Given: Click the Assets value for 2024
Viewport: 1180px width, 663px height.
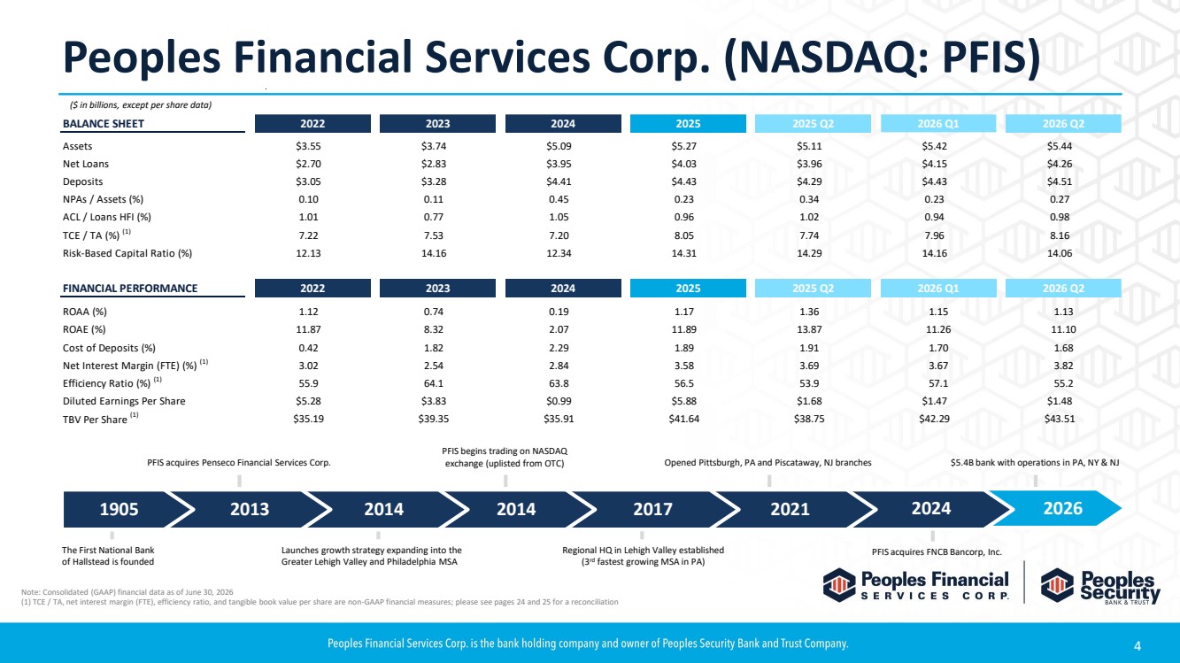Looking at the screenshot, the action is click(x=559, y=146).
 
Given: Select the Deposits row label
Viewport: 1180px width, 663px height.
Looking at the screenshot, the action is click(x=82, y=181).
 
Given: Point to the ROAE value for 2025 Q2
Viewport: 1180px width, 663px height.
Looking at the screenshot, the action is click(x=809, y=329).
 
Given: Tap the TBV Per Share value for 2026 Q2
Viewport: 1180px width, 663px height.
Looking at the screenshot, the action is click(x=1060, y=420).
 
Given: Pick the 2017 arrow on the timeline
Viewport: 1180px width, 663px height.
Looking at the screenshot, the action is click(x=653, y=509).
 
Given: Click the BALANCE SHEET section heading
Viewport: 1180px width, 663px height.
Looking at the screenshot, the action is click(x=104, y=124).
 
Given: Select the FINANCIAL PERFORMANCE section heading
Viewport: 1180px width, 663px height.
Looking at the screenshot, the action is click(x=130, y=289).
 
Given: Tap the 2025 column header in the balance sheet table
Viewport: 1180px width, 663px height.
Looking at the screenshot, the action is click(x=688, y=124).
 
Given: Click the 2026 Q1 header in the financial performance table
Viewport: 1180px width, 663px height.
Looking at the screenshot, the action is click(x=938, y=289).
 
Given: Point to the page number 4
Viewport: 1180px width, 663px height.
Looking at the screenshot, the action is click(x=1138, y=645).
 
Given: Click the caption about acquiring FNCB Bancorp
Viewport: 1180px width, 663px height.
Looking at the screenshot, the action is click(x=937, y=551).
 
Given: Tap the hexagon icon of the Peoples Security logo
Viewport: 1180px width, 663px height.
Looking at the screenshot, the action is click(x=1057, y=585).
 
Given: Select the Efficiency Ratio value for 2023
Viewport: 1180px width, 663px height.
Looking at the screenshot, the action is click(x=434, y=383).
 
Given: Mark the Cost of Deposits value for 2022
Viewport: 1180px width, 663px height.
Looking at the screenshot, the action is click(x=308, y=348).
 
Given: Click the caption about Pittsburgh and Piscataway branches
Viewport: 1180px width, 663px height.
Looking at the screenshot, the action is click(x=768, y=463).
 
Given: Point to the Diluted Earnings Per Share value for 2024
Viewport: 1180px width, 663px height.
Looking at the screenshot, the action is click(x=559, y=401).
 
